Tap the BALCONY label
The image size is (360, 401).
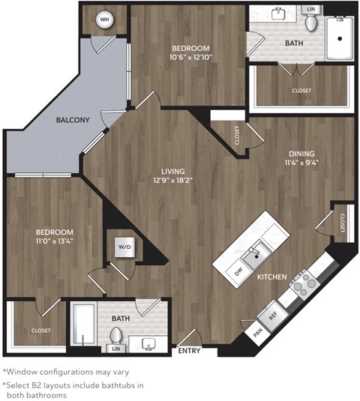pos(73,120)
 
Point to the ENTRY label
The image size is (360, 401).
pos(188,349)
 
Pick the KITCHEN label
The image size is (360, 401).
pos(272,277)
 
